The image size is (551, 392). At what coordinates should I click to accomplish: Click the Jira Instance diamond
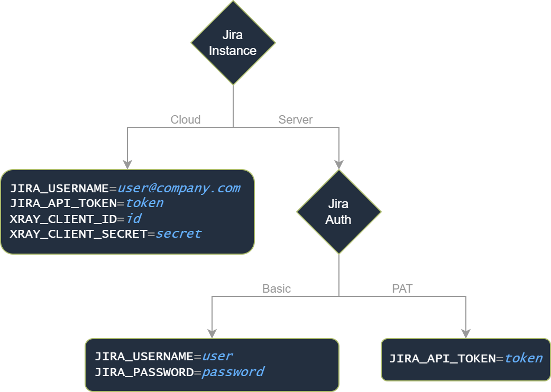click(233, 43)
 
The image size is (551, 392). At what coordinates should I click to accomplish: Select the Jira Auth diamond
click(338, 212)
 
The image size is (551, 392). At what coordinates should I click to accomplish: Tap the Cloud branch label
click(186, 120)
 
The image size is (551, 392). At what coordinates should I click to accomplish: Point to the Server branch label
click(296, 120)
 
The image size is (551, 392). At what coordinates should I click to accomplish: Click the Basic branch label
click(277, 289)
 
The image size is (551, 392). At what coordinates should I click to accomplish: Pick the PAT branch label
click(402, 289)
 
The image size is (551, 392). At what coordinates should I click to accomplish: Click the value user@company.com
click(179, 188)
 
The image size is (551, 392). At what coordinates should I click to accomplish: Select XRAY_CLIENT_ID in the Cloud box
click(62, 219)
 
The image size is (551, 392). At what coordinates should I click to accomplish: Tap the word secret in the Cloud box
click(178, 234)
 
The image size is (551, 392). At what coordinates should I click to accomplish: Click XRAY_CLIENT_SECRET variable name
click(78, 234)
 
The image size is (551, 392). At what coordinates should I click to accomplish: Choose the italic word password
click(233, 372)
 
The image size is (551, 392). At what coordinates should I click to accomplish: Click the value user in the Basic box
click(217, 357)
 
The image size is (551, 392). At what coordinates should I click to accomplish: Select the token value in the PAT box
click(523, 359)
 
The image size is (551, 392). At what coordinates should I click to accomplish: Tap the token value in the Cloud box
click(144, 203)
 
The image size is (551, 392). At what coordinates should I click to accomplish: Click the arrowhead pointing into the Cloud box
click(127, 164)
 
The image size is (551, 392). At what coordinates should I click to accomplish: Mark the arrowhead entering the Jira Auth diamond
click(339, 164)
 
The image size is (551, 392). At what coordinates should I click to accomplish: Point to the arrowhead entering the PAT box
click(466, 333)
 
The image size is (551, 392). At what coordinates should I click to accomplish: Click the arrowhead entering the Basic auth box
click(212, 333)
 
